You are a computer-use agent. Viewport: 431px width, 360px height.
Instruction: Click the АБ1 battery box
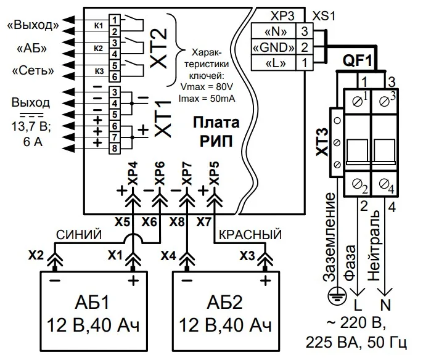(x=91, y=312)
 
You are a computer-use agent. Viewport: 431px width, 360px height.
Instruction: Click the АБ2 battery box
(x=226, y=312)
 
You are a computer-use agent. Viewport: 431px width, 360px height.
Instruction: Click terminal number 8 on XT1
(x=115, y=148)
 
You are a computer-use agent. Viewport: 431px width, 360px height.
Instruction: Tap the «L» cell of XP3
(x=274, y=62)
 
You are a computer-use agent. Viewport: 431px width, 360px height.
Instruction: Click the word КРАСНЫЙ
(x=250, y=235)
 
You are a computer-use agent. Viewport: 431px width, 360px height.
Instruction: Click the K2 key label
(x=98, y=47)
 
